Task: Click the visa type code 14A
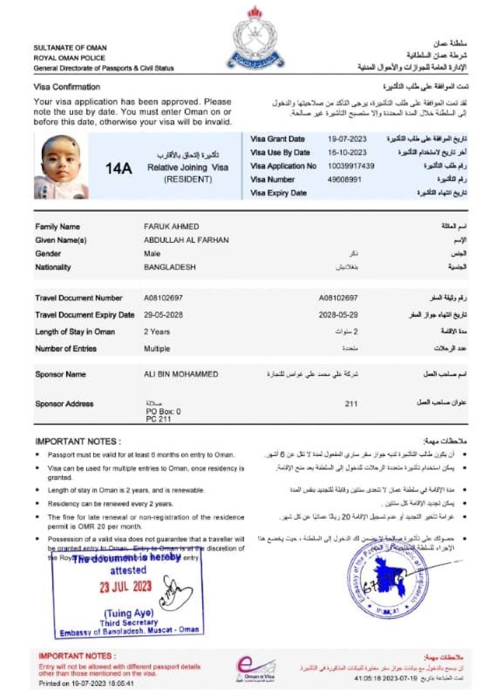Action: click(119, 169)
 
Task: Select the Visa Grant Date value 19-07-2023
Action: click(347, 139)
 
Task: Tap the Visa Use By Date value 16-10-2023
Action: click(347, 152)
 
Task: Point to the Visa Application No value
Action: click(351, 166)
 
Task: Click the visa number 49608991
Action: click(344, 180)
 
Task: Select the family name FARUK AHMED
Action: click(171, 227)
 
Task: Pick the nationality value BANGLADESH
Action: click(170, 267)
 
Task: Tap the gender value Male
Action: click(152, 254)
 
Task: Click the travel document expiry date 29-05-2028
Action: click(163, 315)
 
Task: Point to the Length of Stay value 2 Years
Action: click(157, 332)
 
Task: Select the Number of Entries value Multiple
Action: click(157, 349)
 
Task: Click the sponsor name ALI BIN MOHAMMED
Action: click(181, 375)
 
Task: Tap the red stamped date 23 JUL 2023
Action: click(126, 587)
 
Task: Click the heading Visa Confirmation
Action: click(67, 87)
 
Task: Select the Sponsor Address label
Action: click(64, 404)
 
